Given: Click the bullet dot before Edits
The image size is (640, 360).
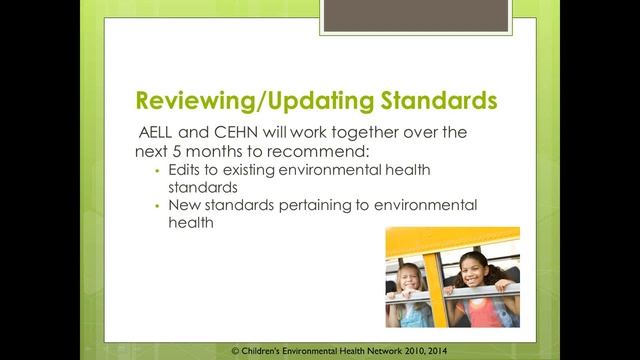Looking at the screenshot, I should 157,171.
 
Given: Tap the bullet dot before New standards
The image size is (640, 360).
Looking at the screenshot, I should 157,205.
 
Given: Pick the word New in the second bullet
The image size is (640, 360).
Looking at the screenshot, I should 185,205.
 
